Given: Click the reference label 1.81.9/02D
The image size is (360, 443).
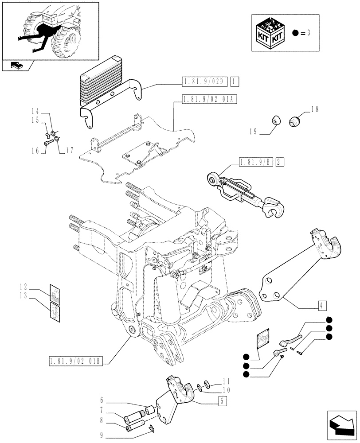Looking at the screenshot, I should pyautogui.click(x=203, y=81).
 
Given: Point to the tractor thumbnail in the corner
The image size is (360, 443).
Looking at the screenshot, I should pyautogui.click(x=50, y=31).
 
